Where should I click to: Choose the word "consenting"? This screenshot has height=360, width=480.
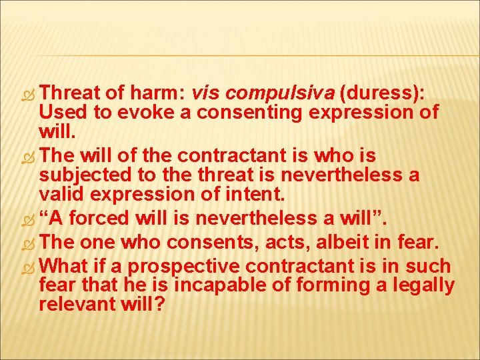234,111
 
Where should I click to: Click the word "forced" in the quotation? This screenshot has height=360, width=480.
101,218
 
